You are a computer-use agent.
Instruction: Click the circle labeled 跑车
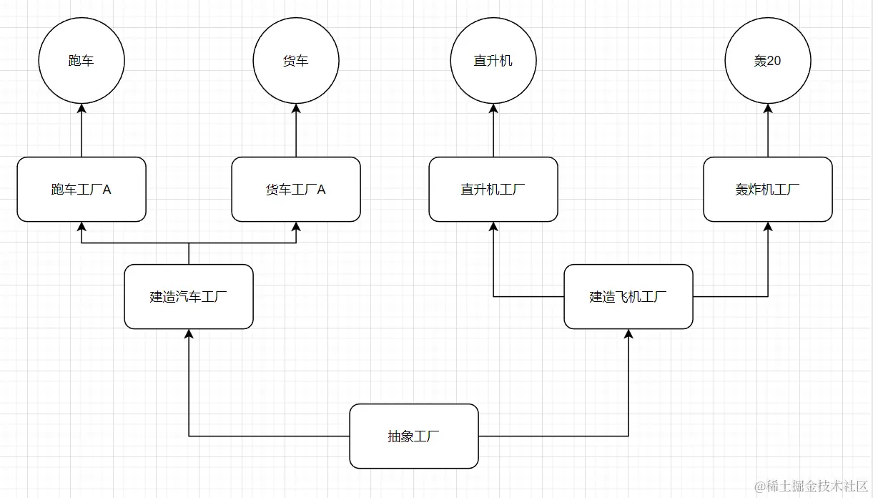coord(82,61)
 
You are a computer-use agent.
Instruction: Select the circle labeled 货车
coord(296,61)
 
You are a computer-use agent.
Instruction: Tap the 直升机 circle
coord(493,61)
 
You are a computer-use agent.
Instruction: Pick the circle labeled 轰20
coord(768,61)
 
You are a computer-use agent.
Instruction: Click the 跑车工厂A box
coord(82,190)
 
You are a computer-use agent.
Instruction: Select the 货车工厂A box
coord(296,190)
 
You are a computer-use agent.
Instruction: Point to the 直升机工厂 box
coord(493,190)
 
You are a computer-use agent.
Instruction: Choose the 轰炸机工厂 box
coord(768,190)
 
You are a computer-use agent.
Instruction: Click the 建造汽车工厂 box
coord(189,297)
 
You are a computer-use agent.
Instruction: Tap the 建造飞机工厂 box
coord(628,297)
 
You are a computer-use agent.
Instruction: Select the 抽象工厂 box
coord(414,436)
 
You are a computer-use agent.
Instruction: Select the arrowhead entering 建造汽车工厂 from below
coord(189,335)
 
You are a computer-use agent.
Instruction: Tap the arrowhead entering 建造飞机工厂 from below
coord(628,335)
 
